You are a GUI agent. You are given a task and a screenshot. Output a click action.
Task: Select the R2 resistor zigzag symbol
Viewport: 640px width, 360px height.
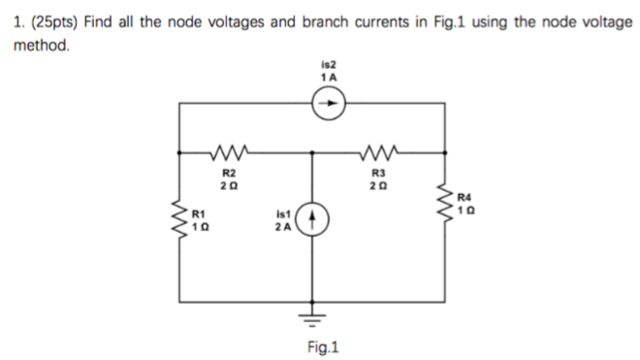point(231,151)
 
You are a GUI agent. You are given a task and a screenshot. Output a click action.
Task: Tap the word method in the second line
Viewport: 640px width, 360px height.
point(40,45)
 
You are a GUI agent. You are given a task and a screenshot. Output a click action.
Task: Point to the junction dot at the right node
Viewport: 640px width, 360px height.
point(445,151)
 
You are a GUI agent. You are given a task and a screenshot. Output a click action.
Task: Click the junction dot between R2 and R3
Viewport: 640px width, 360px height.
point(312,151)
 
